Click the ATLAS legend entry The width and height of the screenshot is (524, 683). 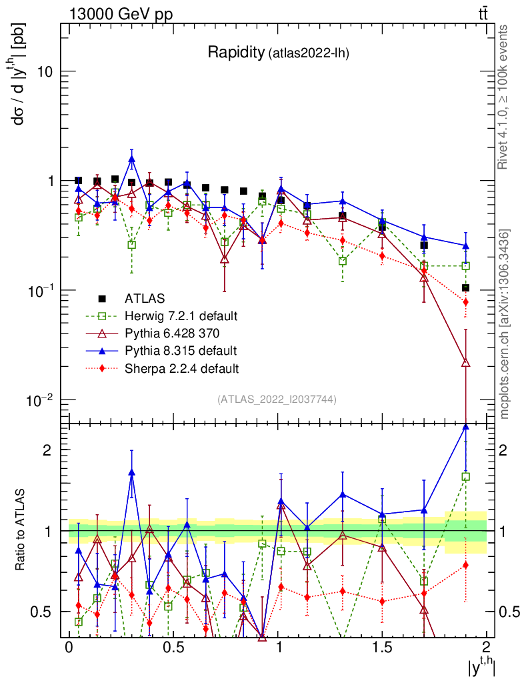pyautogui.click(x=146, y=298)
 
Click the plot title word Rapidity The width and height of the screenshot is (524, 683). pyautogui.click(x=235, y=53)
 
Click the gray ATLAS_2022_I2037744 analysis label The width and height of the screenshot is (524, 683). pyautogui.click(x=277, y=400)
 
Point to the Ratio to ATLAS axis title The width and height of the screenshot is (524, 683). pyautogui.click(x=21, y=530)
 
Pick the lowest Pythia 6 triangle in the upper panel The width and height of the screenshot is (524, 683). pyautogui.click(x=465, y=362)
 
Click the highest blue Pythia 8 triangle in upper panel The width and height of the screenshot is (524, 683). pyautogui.click(x=132, y=159)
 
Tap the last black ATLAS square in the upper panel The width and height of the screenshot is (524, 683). pyautogui.click(x=465, y=288)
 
